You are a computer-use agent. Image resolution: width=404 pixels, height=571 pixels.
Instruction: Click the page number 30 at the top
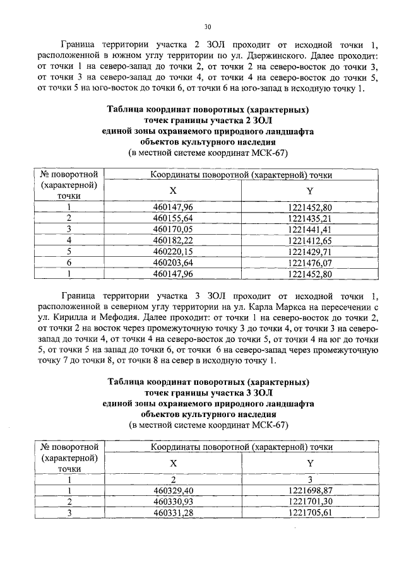tap(208, 26)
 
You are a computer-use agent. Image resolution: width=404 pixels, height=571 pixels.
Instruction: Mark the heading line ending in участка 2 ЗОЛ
tap(208, 120)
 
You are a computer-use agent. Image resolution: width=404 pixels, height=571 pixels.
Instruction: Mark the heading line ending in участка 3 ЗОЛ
tap(208, 393)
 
